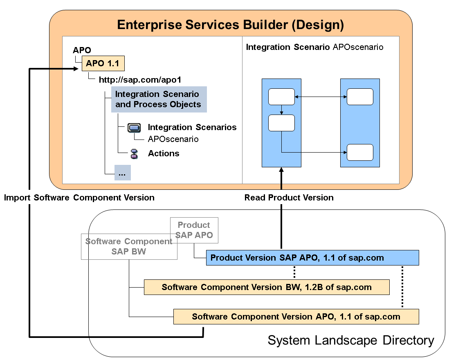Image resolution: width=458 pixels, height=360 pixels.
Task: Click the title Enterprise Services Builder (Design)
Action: pyautogui.click(x=230, y=25)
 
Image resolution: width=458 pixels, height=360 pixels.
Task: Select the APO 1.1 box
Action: pyautogui.click(x=103, y=64)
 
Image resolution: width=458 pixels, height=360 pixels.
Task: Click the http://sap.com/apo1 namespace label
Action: pyautogui.click(x=140, y=80)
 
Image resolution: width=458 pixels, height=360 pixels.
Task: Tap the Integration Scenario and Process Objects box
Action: pyautogui.click(x=159, y=99)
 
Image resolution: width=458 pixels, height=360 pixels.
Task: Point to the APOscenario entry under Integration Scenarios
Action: pyautogui.click(x=173, y=139)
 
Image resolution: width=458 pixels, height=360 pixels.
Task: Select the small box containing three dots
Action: pyautogui.click(x=122, y=173)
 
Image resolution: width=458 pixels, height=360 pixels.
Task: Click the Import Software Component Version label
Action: pyautogui.click(x=79, y=198)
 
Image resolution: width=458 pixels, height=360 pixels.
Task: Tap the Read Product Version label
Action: pyautogui.click(x=289, y=198)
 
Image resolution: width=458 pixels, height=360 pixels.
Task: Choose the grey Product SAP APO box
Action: pyautogui.click(x=194, y=230)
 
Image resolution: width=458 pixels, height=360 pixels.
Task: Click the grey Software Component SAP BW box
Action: pyautogui.click(x=129, y=246)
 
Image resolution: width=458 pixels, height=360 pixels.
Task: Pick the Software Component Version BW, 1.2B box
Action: pyautogui.click(x=266, y=287)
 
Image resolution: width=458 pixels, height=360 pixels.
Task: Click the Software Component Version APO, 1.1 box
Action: pyautogui.click(x=296, y=317)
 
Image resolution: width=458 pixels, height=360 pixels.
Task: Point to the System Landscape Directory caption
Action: pyautogui.click(x=350, y=340)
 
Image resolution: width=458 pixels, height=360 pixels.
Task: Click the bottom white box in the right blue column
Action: pyautogui.click(x=360, y=153)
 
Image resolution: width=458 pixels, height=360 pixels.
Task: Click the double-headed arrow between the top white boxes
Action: pyautogui.click(x=321, y=97)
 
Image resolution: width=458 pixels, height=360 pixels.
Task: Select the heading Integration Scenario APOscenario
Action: pyautogui.click(x=314, y=47)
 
